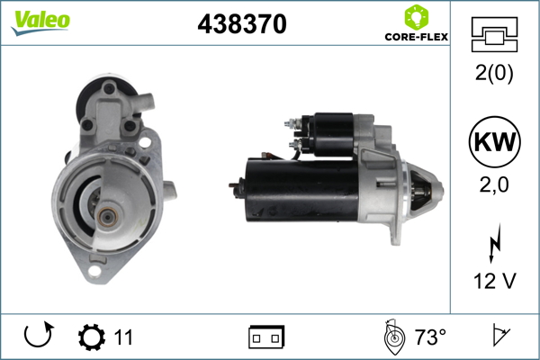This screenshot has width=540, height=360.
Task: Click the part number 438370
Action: click(x=242, y=24)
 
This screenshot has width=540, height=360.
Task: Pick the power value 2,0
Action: click(x=494, y=184)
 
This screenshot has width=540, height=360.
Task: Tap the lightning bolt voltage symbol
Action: click(x=494, y=245)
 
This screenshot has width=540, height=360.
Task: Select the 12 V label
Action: click(x=494, y=281)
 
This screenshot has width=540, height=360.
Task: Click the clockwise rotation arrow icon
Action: click(x=39, y=337)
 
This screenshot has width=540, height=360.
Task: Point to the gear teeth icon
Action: click(x=91, y=337)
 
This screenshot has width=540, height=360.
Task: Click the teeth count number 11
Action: click(x=124, y=338)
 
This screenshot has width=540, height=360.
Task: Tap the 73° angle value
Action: click(x=430, y=338)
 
